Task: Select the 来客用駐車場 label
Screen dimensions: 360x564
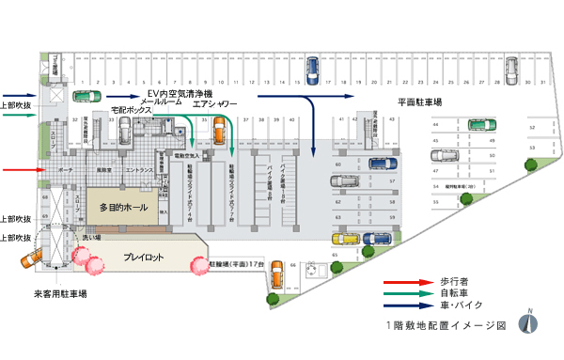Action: coord(60,294)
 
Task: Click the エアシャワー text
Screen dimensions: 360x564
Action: coord(215,103)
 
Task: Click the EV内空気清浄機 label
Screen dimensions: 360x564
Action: coord(180,94)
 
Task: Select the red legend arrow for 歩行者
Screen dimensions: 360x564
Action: coord(403,281)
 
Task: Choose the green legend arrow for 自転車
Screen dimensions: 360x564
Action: coord(403,292)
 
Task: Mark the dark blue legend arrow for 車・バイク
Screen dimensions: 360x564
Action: coord(403,304)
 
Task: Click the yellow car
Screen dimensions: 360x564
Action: coord(347,239)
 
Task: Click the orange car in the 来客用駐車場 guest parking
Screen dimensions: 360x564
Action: coord(33,255)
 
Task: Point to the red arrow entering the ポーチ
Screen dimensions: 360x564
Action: coord(20,170)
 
